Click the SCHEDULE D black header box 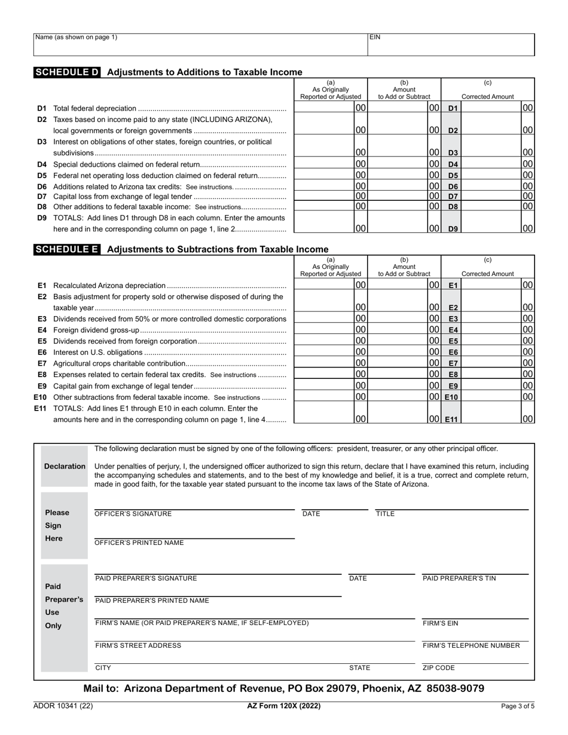[x=67, y=72]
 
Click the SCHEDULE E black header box [x=67, y=249]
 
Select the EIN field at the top [x=451, y=45]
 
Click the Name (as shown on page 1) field [x=200, y=45]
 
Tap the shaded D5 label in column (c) [x=453, y=176]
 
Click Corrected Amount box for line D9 [x=491, y=222]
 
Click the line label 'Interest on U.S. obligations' [x=98, y=353]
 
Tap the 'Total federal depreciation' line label [x=95, y=109]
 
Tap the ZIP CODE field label [x=439, y=668]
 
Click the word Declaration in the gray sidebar [x=65, y=466]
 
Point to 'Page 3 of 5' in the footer [x=518, y=706]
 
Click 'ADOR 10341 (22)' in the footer [x=63, y=706]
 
